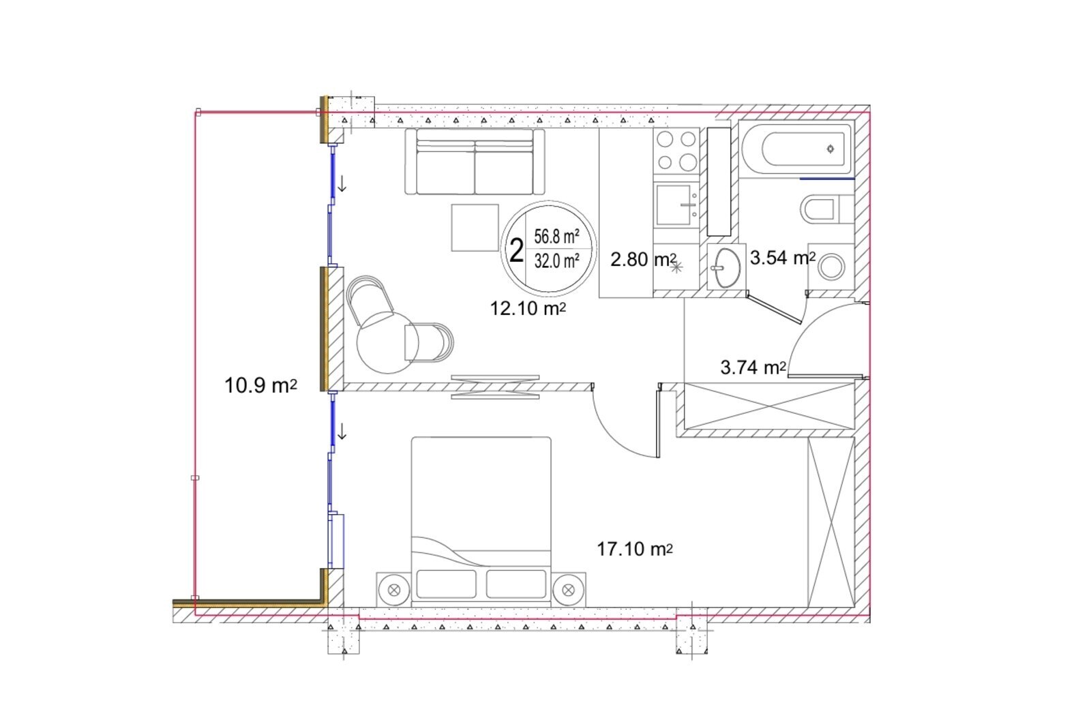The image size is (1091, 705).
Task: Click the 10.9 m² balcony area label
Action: pyautogui.click(x=260, y=386)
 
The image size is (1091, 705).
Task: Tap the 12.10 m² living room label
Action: pyautogui.click(x=528, y=308)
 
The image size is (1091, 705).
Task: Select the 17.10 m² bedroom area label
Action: pyautogui.click(x=635, y=549)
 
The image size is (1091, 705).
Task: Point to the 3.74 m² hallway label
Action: pyautogui.click(x=753, y=367)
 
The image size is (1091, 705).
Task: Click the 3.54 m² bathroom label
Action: pyautogui.click(x=783, y=258)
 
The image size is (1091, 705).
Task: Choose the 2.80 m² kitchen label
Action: pyautogui.click(x=644, y=260)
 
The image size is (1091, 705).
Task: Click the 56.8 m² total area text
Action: pyautogui.click(x=556, y=237)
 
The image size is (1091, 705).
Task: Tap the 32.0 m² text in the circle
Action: pyautogui.click(x=556, y=261)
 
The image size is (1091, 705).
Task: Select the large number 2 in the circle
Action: pyautogui.click(x=516, y=251)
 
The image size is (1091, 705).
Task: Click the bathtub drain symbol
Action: pyautogui.click(x=831, y=149)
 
